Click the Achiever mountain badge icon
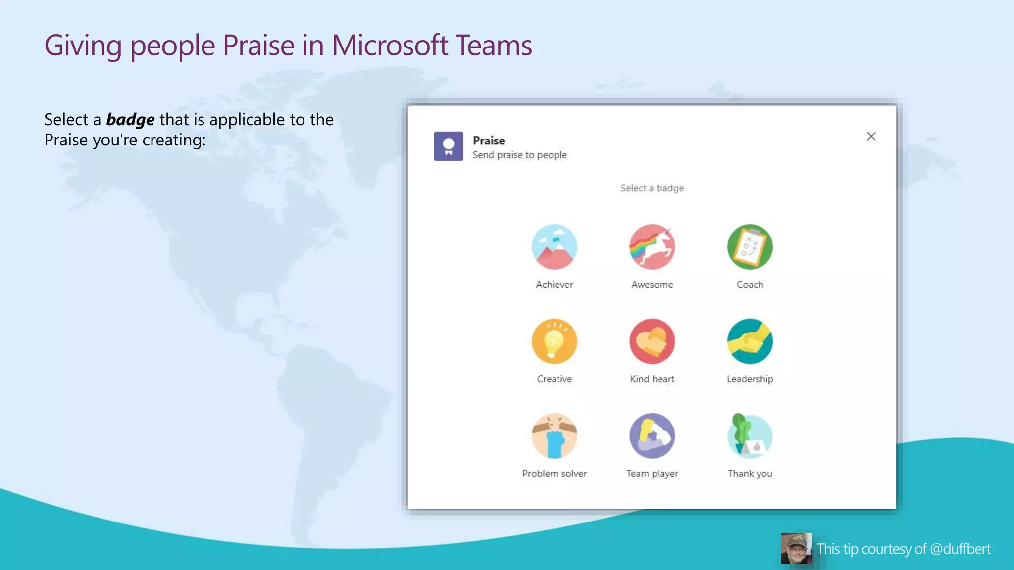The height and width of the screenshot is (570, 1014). click(x=554, y=247)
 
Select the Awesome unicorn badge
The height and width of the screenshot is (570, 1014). click(x=652, y=247)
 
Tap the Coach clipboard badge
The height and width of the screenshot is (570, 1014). click(x=750, y=247)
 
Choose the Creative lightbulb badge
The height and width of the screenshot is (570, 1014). click(x=554, y=341)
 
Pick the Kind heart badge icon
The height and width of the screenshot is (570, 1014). click(x=652, y=341)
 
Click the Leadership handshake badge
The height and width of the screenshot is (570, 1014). click(x=750, y=341)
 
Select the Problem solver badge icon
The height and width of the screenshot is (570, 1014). click(x=554, y=436)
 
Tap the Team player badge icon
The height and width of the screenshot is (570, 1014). click(x=652, y=436)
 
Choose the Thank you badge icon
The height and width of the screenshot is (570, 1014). click(x=750, y=436)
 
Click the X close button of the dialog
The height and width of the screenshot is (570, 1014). click(x=871, y=136)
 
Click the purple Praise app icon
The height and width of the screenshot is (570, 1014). click(x=449, y=146)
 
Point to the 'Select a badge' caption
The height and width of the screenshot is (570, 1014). click(x=652, y=188)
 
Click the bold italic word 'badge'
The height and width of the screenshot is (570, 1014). click(x=130, y=120)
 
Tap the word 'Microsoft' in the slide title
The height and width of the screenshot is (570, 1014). click(x=390, y=46)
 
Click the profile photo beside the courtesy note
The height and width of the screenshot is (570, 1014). click(x=796, y=548)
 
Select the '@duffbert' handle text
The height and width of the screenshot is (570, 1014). click(x=960, y=549)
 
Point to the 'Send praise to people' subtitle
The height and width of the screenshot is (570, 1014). click(x=519, y=155)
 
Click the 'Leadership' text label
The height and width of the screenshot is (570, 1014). click(x=750, y=379)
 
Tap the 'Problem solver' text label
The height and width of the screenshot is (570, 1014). click(x=554, y=474)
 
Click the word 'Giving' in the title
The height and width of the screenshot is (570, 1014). click(x=83, y=46)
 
